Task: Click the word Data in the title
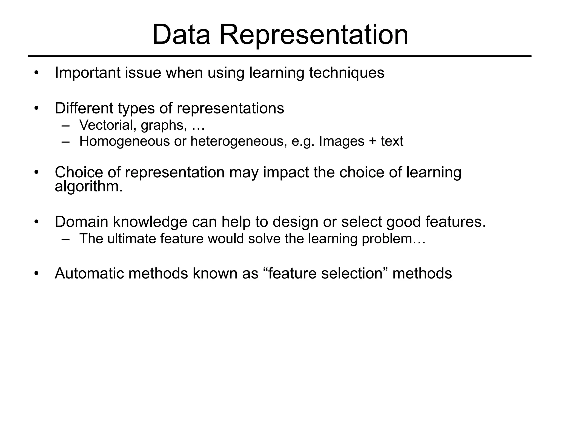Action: click(x=181, y=35)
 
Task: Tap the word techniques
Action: click(x=347, y=73)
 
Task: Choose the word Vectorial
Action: click(x=108, y=125)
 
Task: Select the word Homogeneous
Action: click(x=125, y=141)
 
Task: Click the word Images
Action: click(x=342, y=141)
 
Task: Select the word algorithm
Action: click(x=88, y=187)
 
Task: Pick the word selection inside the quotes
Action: click(x=352, y=273)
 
